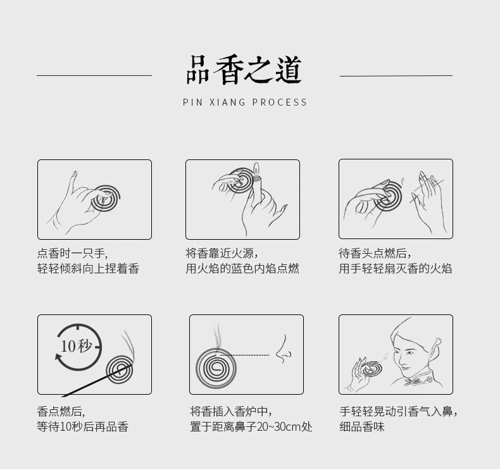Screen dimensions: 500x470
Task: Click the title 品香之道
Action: tap(244, 70)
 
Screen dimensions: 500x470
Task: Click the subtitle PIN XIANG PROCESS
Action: tap(245, 102)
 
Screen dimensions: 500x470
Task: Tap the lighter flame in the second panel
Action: tap(256, 168)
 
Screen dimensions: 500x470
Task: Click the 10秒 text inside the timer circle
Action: tap(76, 346)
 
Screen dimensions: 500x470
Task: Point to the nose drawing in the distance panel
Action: tap(283, 350)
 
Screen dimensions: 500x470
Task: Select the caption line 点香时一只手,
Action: tap(73, 253)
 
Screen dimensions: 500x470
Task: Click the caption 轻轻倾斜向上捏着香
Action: tap(89, 269)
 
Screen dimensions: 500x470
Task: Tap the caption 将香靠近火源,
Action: tap(222, 253)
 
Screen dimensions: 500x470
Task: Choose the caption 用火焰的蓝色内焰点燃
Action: tap(242, 269)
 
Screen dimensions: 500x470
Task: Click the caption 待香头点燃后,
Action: tap(375, 253)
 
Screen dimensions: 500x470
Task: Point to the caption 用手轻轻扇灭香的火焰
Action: tap(396, 269)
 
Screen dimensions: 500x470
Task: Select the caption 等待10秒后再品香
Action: tap(83, 426)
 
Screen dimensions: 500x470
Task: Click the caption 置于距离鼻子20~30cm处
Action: tap(251, 426)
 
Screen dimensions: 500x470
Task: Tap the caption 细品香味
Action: tap(362, 426)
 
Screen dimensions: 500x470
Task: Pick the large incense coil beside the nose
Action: tap(216, 368)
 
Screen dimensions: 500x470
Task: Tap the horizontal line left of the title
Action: tap(94, 75)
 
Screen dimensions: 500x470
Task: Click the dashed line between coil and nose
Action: tap(245, 355)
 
